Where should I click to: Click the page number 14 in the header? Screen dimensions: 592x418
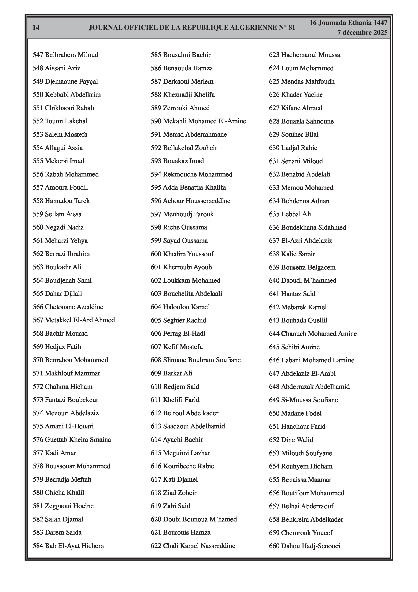[x=36, y=28]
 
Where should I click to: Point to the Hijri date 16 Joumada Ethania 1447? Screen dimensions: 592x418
[x=348, y=23]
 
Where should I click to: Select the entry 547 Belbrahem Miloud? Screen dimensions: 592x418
[x=66, y=55]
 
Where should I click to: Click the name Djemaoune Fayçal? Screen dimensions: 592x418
[x=71, y=82]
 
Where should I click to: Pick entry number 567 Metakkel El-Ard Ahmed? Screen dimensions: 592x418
[x=74, y=320]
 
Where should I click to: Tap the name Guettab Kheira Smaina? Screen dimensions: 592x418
[x=78, y=440]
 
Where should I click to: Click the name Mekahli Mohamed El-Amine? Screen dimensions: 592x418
[x=205, y=121]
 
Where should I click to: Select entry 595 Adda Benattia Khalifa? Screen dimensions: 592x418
[x=188, y=187]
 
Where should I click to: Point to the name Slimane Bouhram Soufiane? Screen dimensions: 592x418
[x=202, y=360]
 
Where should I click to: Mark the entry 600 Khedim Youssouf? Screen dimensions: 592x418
[x=182, y=254]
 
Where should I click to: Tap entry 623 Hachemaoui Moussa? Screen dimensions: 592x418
[x=305, y=55]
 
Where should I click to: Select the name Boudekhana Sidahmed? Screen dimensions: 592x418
[x=314, y=227]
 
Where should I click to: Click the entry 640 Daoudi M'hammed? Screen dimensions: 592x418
[x=303, y=281]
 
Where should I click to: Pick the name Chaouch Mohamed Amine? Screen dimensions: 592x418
[x=319, y=334]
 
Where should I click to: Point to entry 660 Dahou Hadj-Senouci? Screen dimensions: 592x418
[x=305, y=546]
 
